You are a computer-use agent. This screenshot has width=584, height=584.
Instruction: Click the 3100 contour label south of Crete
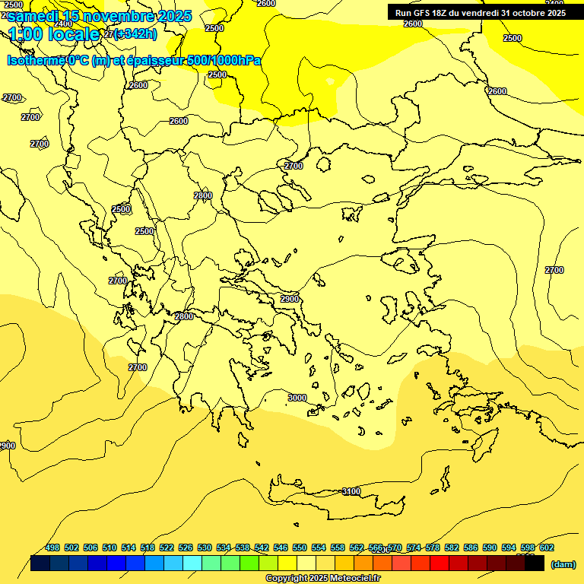pos(351,491)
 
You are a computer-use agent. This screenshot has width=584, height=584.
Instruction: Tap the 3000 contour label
pos(297,398)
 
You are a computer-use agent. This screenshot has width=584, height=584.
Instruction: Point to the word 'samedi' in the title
pos(33,16)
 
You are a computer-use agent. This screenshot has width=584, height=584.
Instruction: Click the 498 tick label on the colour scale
pos(52,547)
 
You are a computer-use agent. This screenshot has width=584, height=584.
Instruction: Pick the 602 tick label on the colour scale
pos(547,547)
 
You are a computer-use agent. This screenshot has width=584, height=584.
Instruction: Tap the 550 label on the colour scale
pos(300,547)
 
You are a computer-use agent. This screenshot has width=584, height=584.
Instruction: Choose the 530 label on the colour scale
pos(205,547)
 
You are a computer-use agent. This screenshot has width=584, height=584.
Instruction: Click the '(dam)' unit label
pos(563,564)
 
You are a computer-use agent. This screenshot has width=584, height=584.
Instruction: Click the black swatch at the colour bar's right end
pos(535,563)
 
